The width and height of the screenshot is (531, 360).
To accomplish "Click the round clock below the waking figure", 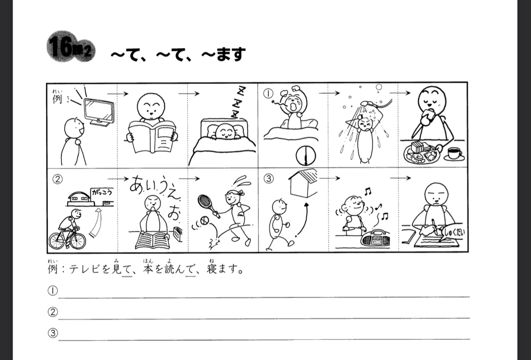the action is (306, 156).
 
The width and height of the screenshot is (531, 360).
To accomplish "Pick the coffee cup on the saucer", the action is (454, 154).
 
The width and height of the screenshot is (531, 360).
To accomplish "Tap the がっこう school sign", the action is (102, 192).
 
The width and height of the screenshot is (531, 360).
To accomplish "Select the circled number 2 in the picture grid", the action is (58, 179).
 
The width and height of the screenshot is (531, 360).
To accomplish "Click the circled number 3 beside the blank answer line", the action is (53, 333).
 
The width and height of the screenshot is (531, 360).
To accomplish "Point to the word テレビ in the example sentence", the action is (84, 269).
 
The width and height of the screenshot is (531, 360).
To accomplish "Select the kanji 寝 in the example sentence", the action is (212, 269).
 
